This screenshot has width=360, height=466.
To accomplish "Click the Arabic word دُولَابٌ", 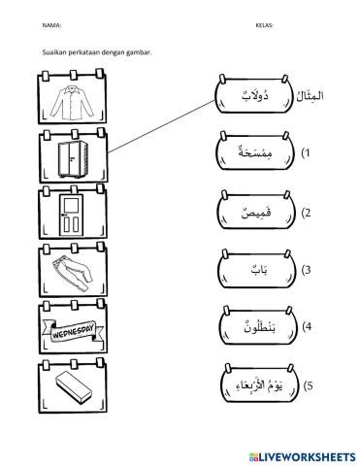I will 250,96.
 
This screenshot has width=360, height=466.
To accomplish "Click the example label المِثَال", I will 316,96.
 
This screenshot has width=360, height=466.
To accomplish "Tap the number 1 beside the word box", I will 307,153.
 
